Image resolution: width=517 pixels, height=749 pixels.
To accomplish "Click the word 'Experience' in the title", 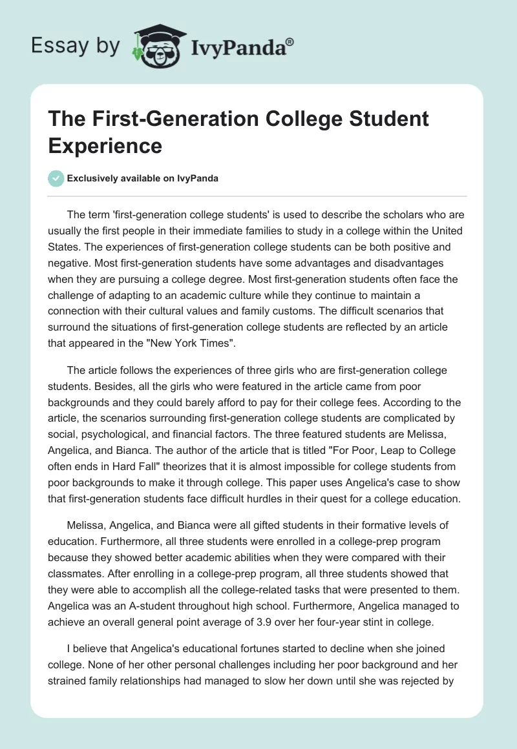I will pyautogui.click(x=105, y=145).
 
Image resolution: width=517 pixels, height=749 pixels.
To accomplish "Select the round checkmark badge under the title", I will pyautogui.click(x=57, y=179).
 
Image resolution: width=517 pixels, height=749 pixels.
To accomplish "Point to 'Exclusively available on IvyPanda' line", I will pyautogui.click(x=143, y=179).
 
